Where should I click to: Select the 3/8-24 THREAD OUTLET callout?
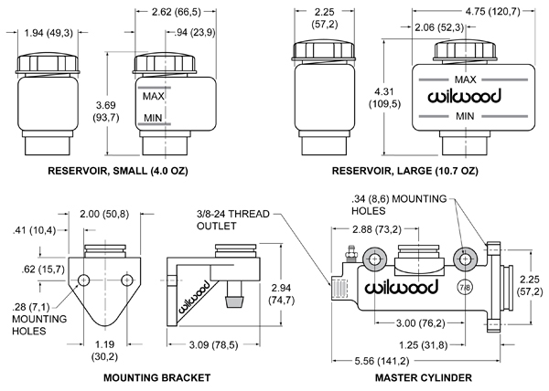point(235,222)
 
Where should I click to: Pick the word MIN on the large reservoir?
point(464,117)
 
